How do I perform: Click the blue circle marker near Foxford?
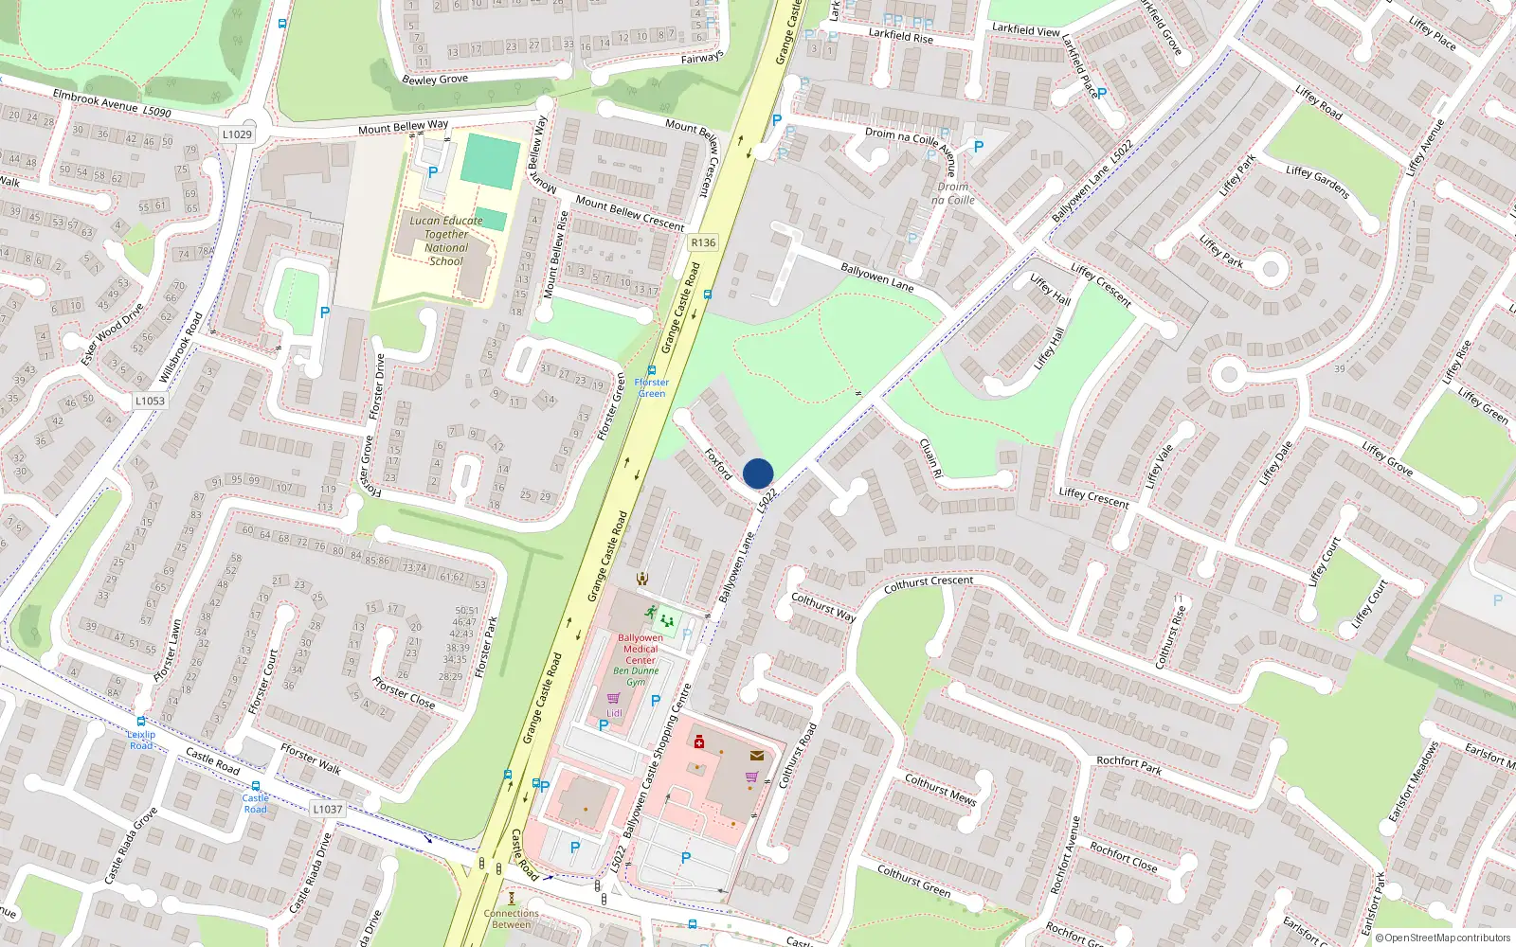point(758,473)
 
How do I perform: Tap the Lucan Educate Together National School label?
point(445,241)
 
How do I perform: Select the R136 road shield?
point(703,242)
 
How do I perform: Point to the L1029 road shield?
point(237,134)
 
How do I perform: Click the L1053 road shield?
point(149,401)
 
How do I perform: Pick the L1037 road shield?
point(328,809)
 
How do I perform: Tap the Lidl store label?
point(614,713)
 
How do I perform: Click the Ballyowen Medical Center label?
point(641,649)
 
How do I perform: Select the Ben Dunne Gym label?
point(636,676)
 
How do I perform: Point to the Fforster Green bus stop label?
point(652,388)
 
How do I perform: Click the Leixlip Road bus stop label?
point(141,740)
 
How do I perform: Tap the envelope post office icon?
point(756,756)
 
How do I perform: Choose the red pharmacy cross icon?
point(699,742)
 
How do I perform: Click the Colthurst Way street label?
point(823,607)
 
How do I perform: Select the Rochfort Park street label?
point(1128,765)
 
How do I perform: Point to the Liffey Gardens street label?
point(1318,182)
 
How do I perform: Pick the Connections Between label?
point(512,920)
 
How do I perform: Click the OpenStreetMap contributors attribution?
point(1443,938)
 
